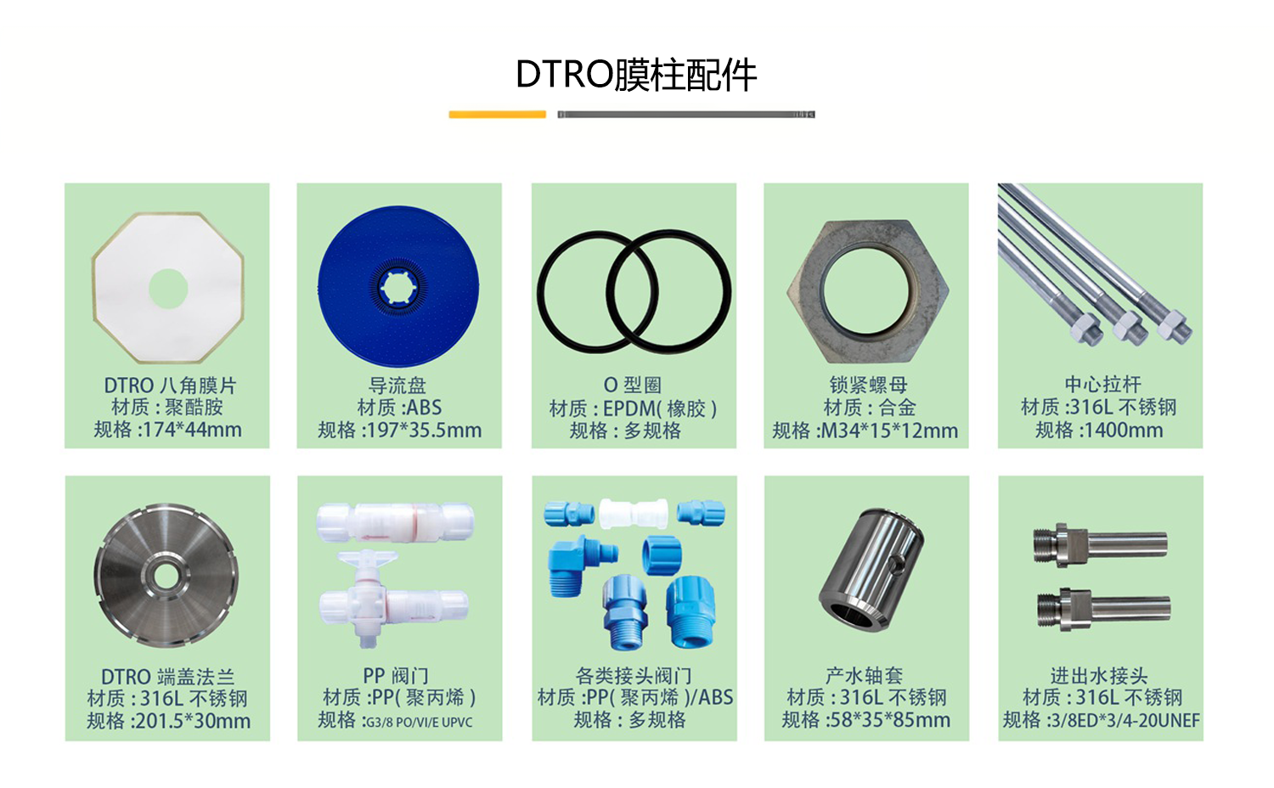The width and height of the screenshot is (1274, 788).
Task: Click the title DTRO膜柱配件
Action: pyautogui.click(x=636, y=75)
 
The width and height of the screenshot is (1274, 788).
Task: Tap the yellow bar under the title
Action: pyautogui.click(x=497, y=114)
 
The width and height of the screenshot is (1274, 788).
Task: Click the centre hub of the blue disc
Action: pyautogui.click(x=397, y=286)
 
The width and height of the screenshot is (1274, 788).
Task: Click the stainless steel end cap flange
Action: pyautogui.click(x=127, y=594)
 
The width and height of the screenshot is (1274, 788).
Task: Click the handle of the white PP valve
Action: pyautogui.click(x=367, y=560)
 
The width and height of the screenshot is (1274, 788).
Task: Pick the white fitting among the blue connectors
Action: pyautogui.click(x=633, y=513)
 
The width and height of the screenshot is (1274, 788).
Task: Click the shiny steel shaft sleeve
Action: pyautogui.click(x=871, y=569)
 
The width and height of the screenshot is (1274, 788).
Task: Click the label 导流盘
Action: pyautogui.click(x=397, y=386)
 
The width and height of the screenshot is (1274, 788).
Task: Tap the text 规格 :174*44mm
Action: pyautogui.click(x=167, y=430)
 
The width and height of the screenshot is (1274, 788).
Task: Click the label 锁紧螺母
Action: pyautogui.click(x=868, y=386)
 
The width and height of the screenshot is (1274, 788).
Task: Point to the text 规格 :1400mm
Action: pyautogui.click(x=1099, y=430)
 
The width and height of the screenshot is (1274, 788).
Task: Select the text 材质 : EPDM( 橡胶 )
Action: pyautogui.click(x=633, y=408)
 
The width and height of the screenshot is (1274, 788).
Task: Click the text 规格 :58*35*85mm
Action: pyautogui.click(x=865, y=720)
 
